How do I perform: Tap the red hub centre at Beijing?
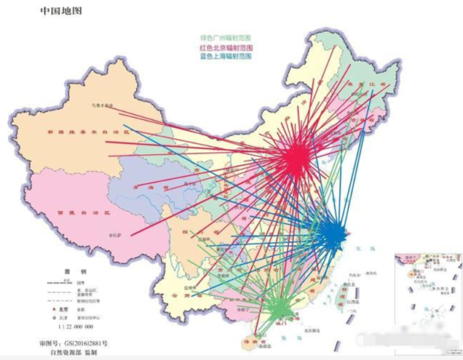295,160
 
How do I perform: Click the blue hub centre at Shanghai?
332,235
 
